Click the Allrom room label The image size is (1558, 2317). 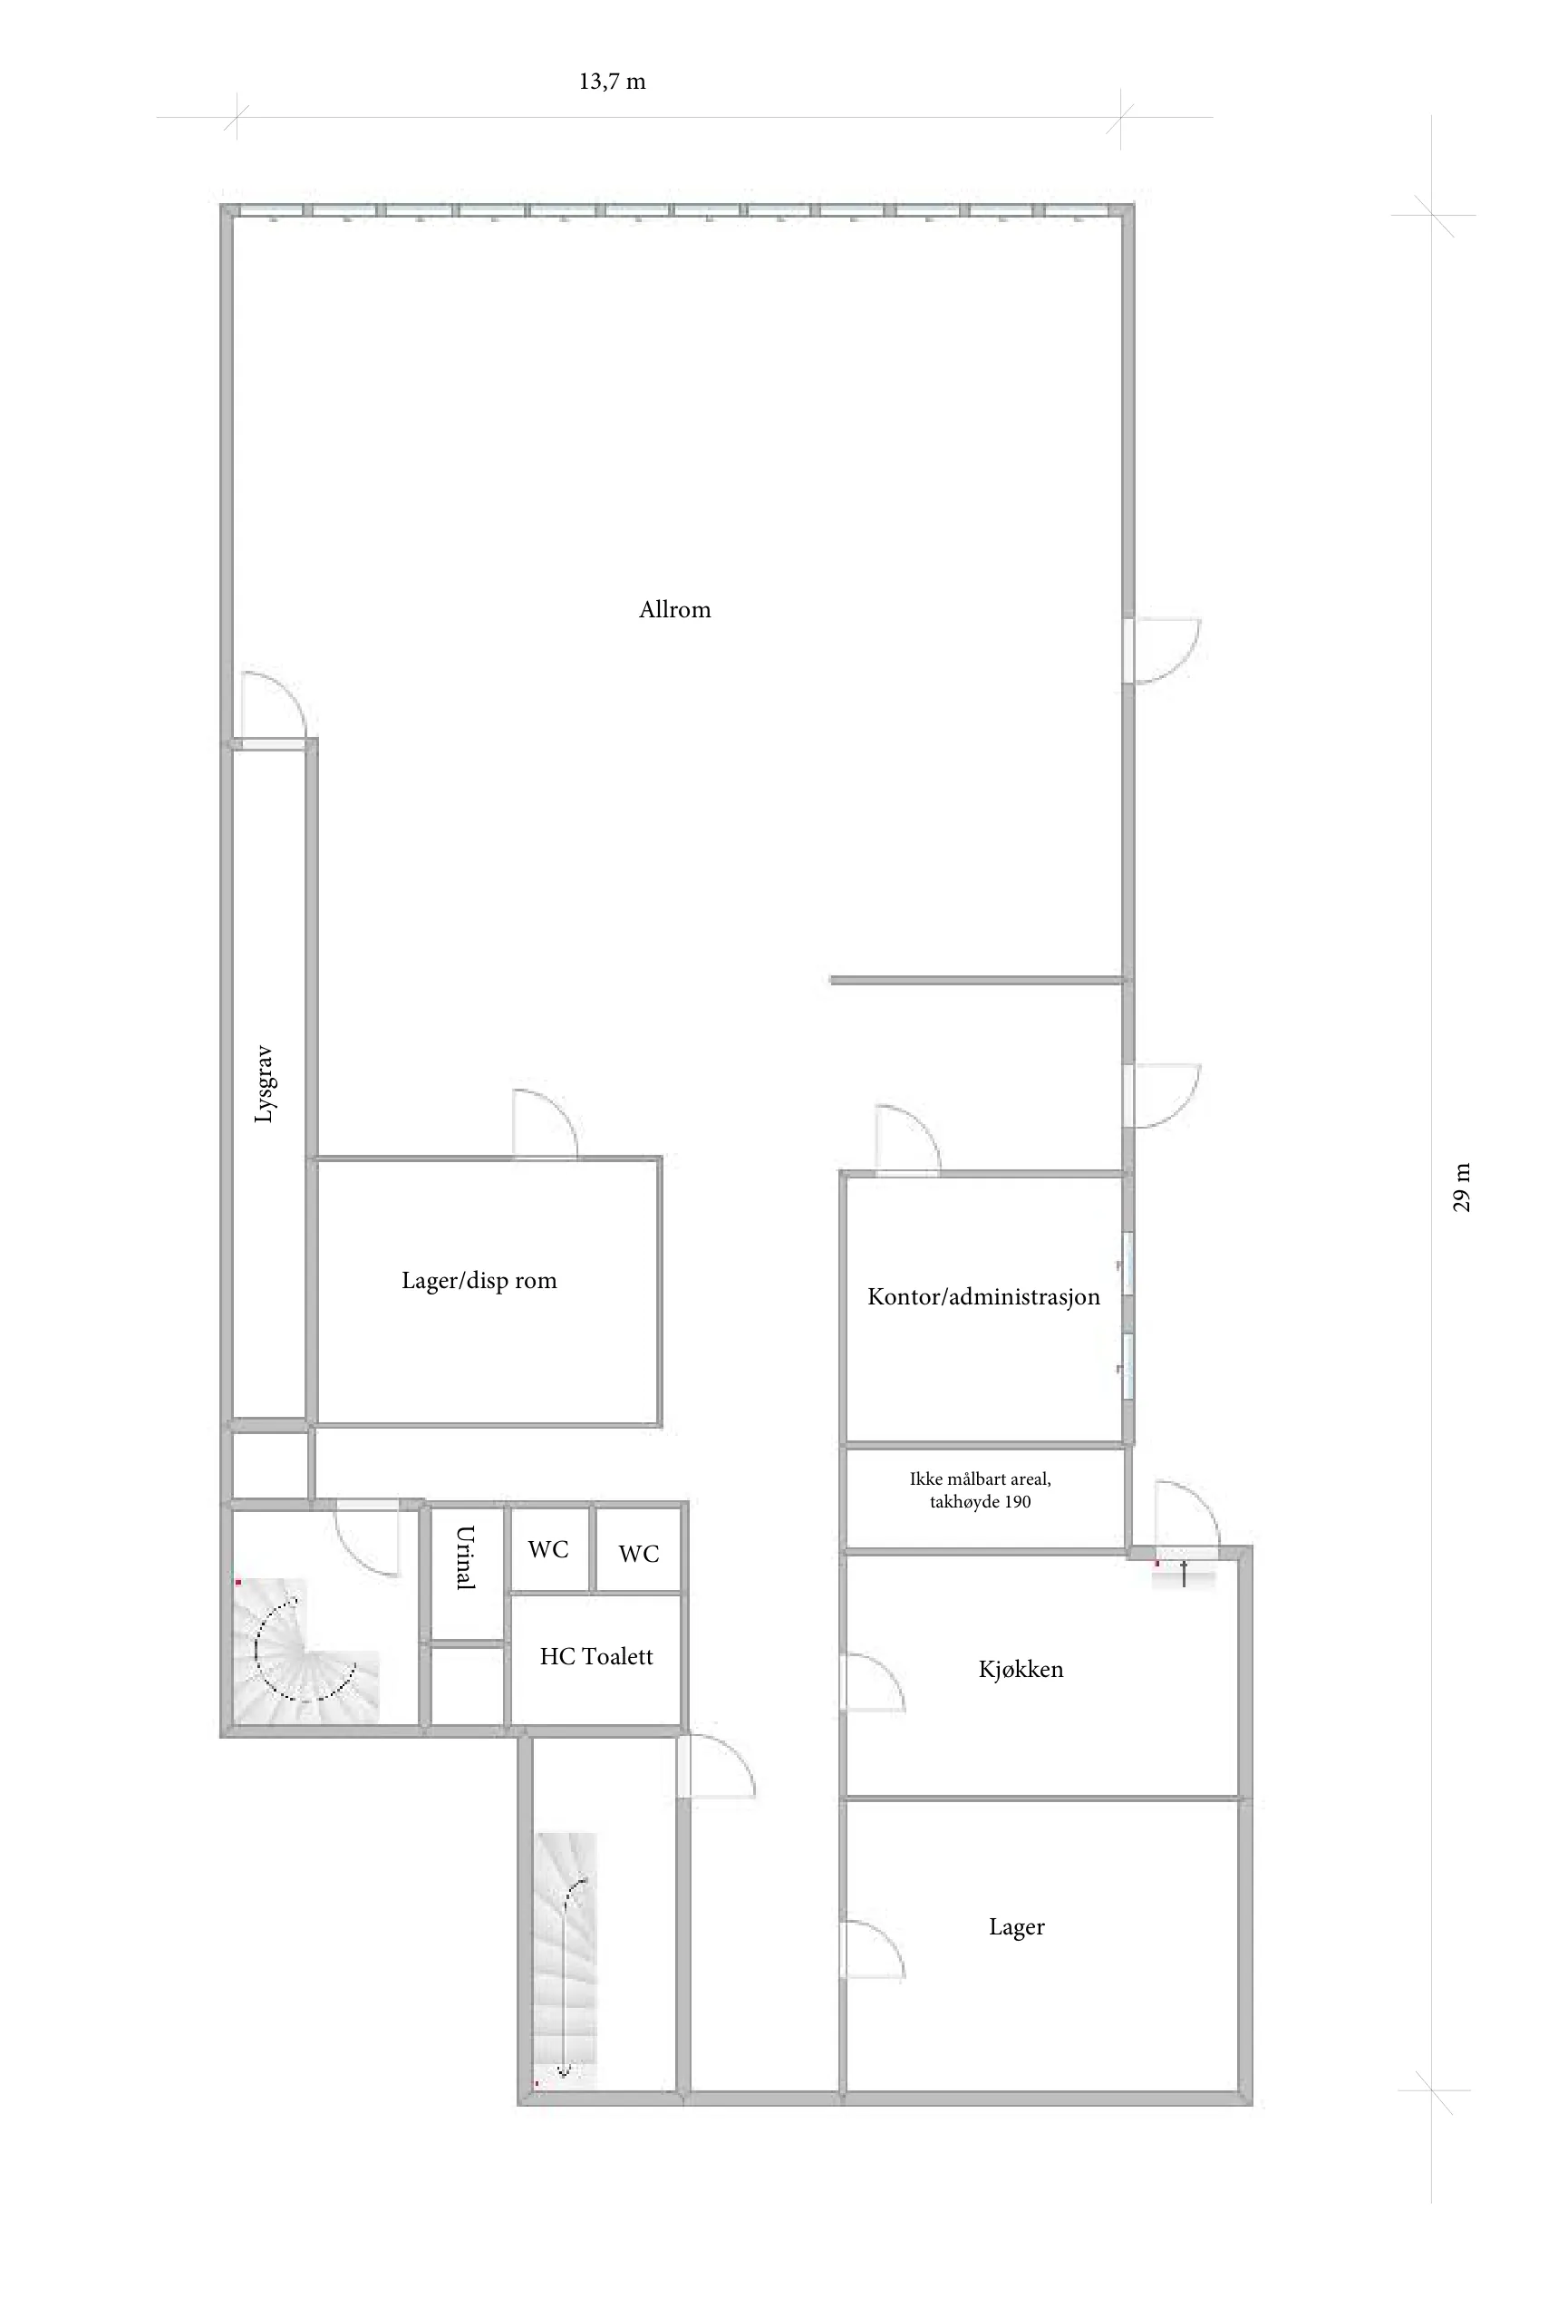[674, 609]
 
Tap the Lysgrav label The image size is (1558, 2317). [264, 1084]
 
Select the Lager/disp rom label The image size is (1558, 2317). [479, 1281]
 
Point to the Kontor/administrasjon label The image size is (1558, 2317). [983, 1296]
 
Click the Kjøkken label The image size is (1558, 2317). [1021, 1669]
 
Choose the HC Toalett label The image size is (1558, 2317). [596, 1656]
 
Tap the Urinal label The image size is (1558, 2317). [465, 1558]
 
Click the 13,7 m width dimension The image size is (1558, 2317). [612, 82]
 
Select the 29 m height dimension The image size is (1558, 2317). [1461, 1188]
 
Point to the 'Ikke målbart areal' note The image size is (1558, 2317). [980, 1490]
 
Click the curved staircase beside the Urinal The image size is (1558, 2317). [307, 1651]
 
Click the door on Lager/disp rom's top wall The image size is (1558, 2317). [545, 1124]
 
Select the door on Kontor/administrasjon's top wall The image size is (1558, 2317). [907, 1139]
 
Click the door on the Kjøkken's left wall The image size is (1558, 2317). [874, 1683]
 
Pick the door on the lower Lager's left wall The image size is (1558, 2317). [874, 1952]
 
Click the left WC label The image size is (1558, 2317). [548, 1550]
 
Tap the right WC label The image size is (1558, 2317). [639, 1554]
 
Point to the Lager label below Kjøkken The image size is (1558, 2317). [1017, 1927]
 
